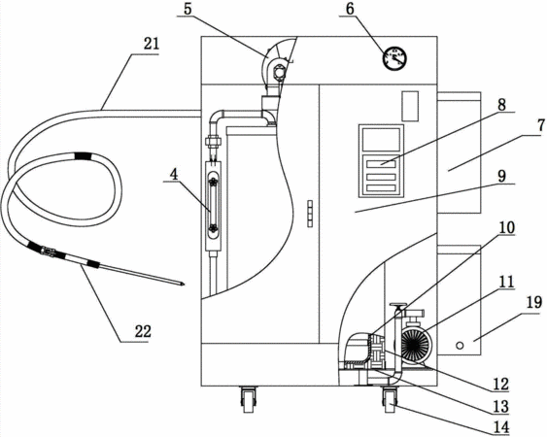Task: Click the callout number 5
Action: [x=188, y=9]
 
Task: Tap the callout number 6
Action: [x=350, y=9]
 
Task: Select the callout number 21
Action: [x=151, y=45]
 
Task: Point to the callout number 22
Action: [x=143, y=331]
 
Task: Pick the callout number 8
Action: [x=501, y=105]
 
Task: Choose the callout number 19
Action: [x=534, y=303]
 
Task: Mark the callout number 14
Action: [x=500, y=427]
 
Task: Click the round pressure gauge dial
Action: [x=394, y=58]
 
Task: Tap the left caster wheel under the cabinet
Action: [x=248, y=400]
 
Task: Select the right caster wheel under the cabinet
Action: [x=390, y=400]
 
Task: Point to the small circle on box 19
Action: [x=460, y=346]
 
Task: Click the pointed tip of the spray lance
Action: [x=184, y=285]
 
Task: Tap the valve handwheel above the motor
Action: [x=398, y=306]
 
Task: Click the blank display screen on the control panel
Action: [x=381, y=140]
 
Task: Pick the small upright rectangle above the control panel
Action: [x=410, y=106]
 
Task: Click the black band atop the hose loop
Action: [x=84, y=155]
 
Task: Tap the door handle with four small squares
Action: [x=310, y=214]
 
